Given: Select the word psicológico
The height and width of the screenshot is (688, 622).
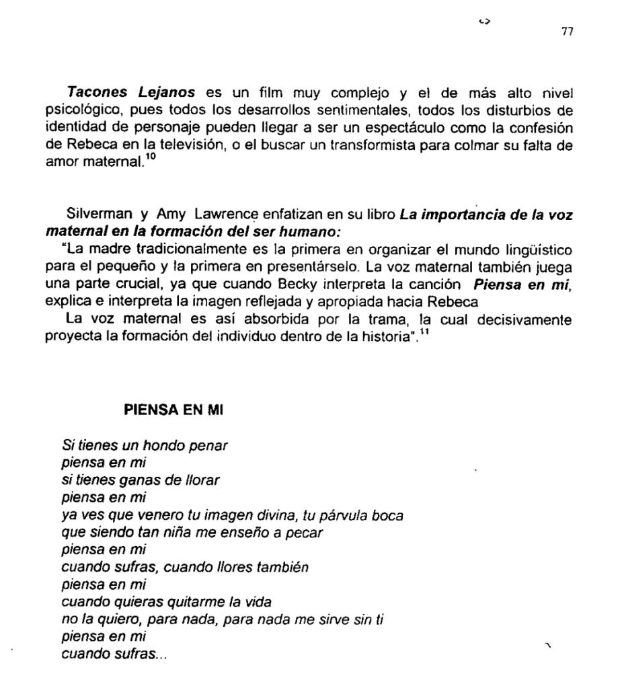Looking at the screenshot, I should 88,108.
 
